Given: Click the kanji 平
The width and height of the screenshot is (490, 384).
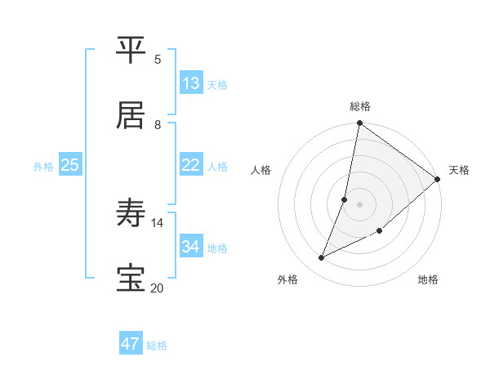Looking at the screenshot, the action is [x=131, y=51].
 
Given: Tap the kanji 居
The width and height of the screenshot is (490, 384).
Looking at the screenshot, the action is [x=131, y=115].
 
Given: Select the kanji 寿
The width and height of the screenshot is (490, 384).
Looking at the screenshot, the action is [x=131, y=214].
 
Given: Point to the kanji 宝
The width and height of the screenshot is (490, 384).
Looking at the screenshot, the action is [x=131, y=278].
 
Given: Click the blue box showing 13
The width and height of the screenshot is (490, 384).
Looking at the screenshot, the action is [x=191, y=83].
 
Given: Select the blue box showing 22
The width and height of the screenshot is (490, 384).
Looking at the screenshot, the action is [x=191, y=165].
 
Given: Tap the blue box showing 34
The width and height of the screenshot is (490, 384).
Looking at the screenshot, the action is [x=191, y=247].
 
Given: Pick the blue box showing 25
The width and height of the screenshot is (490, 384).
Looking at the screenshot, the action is [x=70, y=165].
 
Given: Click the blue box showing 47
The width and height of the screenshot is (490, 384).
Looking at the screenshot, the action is [x=131, y=344].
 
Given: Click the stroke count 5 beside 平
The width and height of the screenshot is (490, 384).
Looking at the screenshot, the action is [x=158, y=59].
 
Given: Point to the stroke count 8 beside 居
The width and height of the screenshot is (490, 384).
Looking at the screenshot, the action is [x=158, y=124].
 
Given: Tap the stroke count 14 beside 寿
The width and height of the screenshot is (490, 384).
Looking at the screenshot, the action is [x=158, y=222].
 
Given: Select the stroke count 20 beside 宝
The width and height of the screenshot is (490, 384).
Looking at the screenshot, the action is [x=158, y=288].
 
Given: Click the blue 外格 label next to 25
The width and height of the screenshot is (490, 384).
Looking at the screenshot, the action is [x=43, y=167].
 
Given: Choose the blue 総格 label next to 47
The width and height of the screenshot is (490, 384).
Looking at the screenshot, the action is [x=157, y=346].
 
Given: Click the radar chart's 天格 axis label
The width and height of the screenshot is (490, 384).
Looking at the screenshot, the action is [x=459, y=170].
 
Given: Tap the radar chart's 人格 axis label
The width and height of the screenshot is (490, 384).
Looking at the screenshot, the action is [x=261, y=170].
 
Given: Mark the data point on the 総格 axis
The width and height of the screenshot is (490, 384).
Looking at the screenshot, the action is [x=359, y=124].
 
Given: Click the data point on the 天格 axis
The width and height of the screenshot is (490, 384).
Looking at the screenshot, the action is [x=438, y=179].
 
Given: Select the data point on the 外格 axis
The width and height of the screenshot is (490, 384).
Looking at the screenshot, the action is [x=322, y=258].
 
